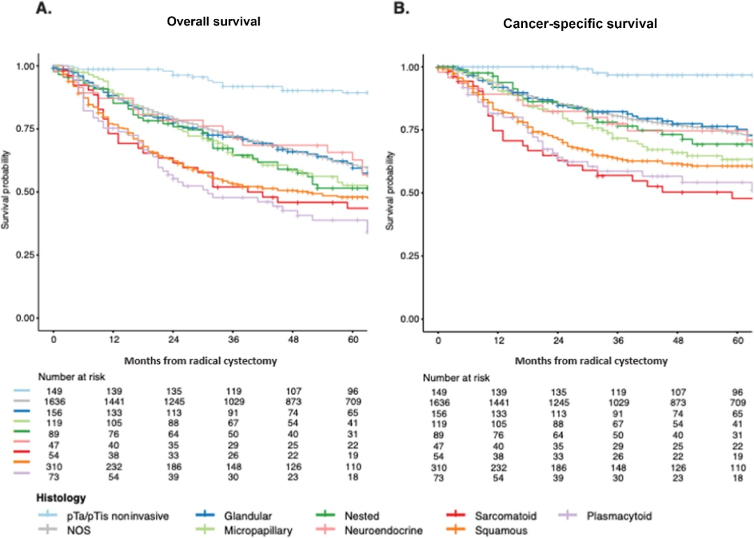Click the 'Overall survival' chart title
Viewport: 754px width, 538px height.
[214, 22]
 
